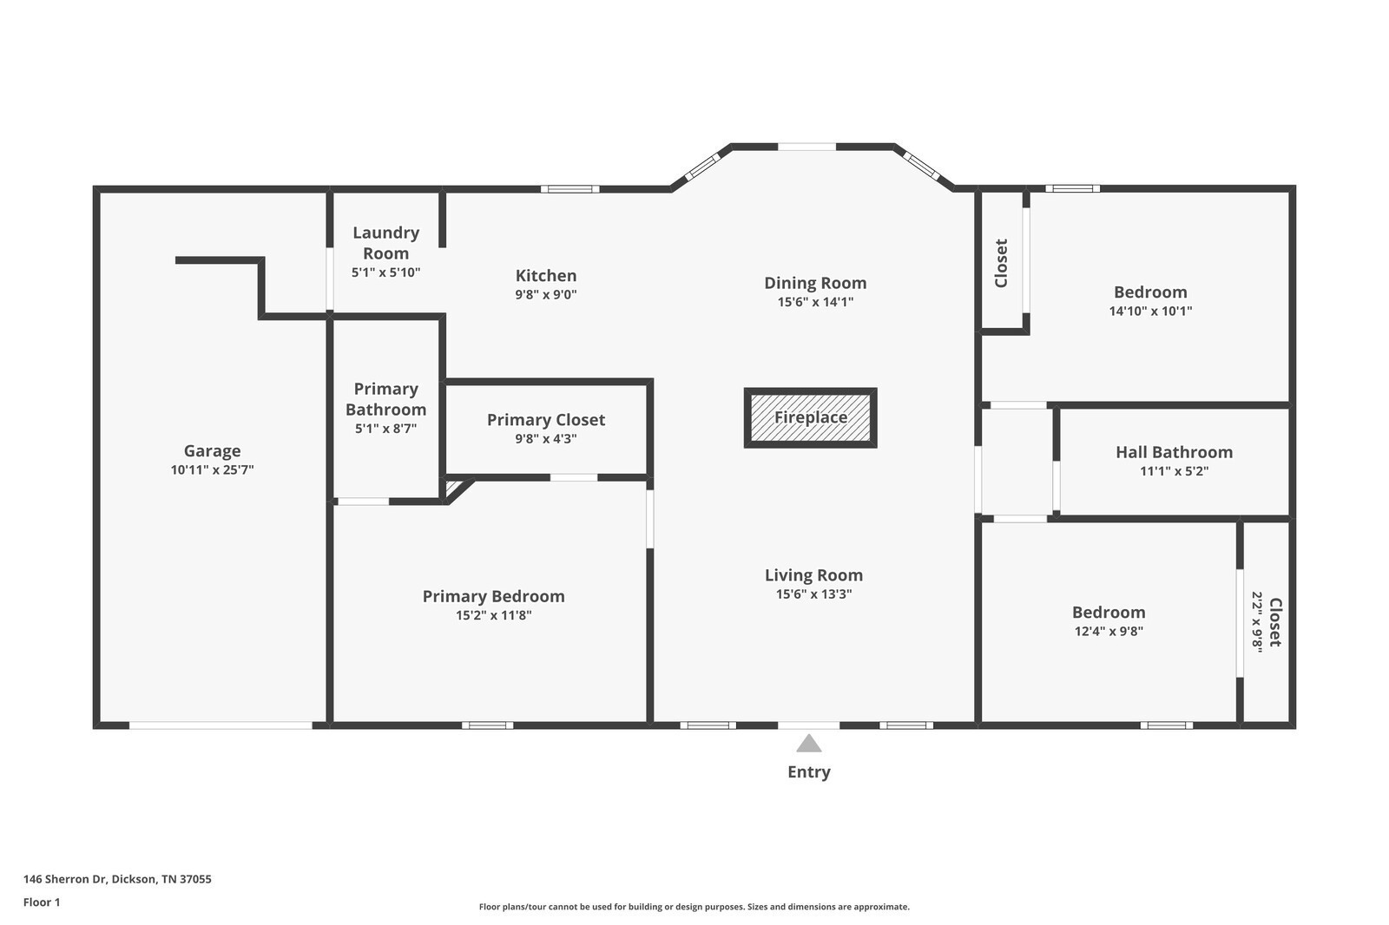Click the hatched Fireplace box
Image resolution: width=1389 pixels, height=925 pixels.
coord(810,418)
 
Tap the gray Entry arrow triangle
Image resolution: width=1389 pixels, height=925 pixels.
coord(808,744)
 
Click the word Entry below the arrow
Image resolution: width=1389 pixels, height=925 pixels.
coord(808,772)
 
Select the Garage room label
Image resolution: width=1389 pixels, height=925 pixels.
coord(212,450)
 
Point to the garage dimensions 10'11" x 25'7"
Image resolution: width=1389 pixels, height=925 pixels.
coord(212,470)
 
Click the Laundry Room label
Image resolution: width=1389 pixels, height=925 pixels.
coord(385,243)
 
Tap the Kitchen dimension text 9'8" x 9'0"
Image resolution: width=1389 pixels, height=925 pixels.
coord(546,294)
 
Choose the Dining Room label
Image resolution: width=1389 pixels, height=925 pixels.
coord(815,284)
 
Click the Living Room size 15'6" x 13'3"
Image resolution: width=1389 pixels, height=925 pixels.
coord(813,594)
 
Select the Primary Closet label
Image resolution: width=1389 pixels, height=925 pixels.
coord(546,420)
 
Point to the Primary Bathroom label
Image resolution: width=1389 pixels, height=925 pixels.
coord(385,399)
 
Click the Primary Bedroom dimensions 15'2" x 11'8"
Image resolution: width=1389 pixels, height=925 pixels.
coord(494,615)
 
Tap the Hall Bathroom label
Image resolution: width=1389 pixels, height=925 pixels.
coord(1174,452)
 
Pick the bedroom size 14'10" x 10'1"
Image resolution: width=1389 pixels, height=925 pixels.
coord(1150,312)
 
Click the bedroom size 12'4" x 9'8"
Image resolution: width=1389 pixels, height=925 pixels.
coord(1109,631)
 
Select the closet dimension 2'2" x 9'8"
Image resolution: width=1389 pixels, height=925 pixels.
coord(1257,622)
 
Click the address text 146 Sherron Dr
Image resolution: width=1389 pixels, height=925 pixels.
coord(65,879)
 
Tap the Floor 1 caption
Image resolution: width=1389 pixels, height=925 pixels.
coord(42,902)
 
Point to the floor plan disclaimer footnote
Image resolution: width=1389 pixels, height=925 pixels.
coord(694,907)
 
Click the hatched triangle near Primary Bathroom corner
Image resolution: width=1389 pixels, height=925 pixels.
coord(453,488)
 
